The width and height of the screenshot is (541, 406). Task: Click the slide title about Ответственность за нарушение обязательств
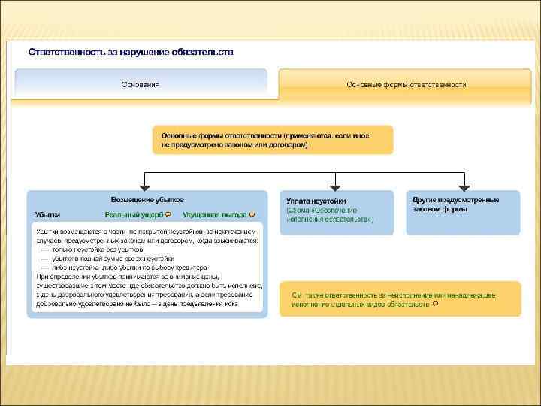[131, 52]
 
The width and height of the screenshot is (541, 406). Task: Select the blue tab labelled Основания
[141, 83]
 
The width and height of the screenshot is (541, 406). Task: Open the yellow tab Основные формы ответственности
[407, 83]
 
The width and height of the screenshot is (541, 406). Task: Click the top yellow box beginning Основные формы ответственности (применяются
[272, 140]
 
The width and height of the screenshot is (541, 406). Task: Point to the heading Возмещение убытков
[147, 199]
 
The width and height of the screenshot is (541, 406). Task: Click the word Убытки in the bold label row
[47, 214]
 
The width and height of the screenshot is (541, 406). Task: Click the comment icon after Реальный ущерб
[157, 214]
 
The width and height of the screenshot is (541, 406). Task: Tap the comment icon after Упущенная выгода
[252, 214]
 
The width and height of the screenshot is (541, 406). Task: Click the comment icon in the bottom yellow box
[437, 305]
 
